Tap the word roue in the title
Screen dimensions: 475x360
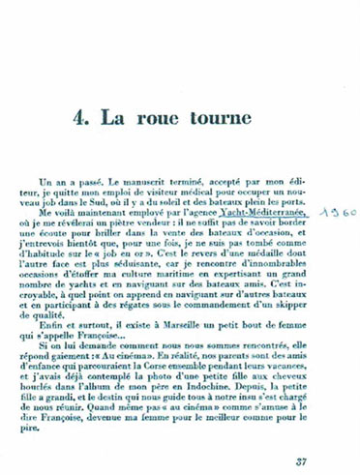point(187,118)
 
